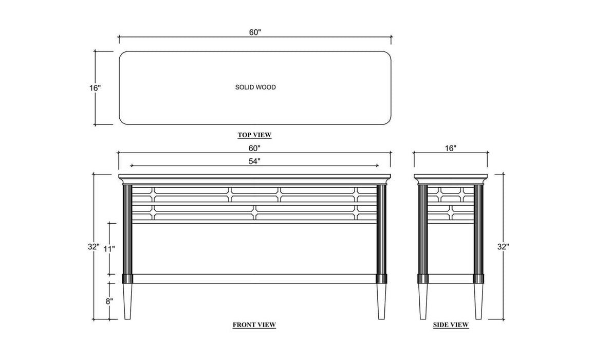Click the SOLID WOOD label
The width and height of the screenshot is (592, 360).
click(x=255, y=87)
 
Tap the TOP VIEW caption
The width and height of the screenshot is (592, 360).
click(x=254, y=135)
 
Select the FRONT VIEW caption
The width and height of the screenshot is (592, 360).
click(x=254, y=325)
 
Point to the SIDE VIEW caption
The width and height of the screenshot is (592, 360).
click(x=451, y=325)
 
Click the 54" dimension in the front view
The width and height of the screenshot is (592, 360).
click(x=255, y=161)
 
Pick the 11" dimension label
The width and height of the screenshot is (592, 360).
click(x=109, y=249)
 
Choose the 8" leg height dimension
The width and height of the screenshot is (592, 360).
click(x=109, y=301)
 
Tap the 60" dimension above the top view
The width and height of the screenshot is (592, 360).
click(x=255, y=32)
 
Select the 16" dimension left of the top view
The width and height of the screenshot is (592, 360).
click(x=95, y=88)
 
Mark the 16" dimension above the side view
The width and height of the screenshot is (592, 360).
click(x=450, y=148)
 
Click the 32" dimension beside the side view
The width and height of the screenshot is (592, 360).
click(x=503, y=247)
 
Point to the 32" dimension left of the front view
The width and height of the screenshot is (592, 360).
click(x=94, y=247)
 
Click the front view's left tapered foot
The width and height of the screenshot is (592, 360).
click(x=127, y=301)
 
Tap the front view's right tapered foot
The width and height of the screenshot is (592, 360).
click(x=381, y=301)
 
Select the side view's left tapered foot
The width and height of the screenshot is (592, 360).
click(x=423, y=301)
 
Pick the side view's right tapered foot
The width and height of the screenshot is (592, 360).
click(x=479, y=301)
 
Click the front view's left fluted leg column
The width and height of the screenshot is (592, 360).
click(x=127, y=229)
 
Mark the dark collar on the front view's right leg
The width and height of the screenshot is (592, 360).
click(x=381, y=279)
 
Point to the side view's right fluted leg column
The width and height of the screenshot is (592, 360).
click(x=479, y=229)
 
